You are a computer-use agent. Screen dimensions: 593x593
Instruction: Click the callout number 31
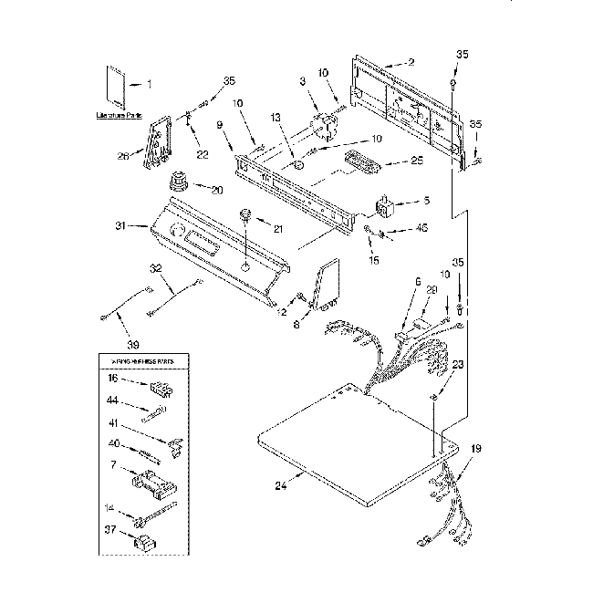tap(130, 226)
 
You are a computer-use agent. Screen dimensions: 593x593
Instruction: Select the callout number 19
tap(475, 449)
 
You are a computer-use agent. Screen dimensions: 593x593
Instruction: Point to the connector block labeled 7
tap(152, 481)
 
